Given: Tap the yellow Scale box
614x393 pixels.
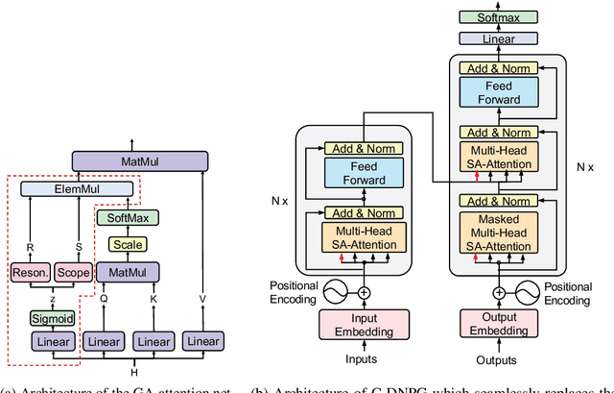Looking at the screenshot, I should pyautogui.click(x=127, y=245).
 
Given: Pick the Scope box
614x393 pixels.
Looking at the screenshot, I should pyautogui.click(x=73, y=274).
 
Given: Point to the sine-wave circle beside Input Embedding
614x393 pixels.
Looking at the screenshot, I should pyautogui.click(x=337, y=289).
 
